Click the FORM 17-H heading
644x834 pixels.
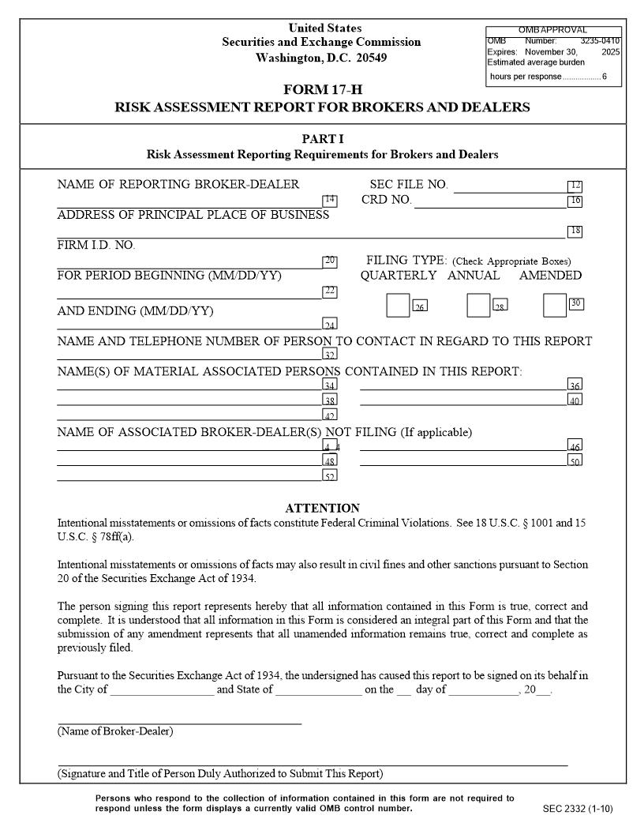point(322,89)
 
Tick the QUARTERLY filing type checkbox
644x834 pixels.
point(398,305)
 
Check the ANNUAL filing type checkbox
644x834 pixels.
point(478,305)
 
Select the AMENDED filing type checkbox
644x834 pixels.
point(555,305)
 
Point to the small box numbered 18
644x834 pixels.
point(575,231)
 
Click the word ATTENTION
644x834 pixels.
point(322,509)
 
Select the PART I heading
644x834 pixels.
point(322,139)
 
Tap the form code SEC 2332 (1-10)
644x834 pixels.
point(578,809)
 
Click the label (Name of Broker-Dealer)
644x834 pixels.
point(115,731)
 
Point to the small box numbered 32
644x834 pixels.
point(330,355)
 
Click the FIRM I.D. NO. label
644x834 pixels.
point(96,246)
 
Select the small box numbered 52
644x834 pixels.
point(330,476)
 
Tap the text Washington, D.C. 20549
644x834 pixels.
point(322,58)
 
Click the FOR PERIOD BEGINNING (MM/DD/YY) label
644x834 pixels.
point(169,276)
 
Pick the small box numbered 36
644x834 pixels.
point(575,385)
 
